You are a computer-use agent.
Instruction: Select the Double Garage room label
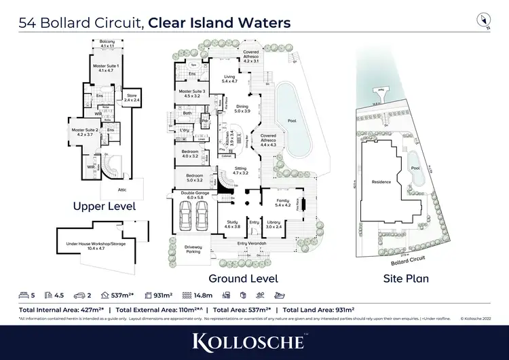click(x=195, y=194)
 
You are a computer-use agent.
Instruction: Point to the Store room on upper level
click(x=132, y=98)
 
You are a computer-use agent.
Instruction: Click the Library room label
click(x=274, y=223)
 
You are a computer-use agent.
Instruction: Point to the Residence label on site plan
click(x=382, y=182)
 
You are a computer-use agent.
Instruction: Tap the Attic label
click(x=122, y=190)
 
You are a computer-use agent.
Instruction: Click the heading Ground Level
click(x=243, y=278)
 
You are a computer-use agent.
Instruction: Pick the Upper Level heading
click(x=105, y=206)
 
